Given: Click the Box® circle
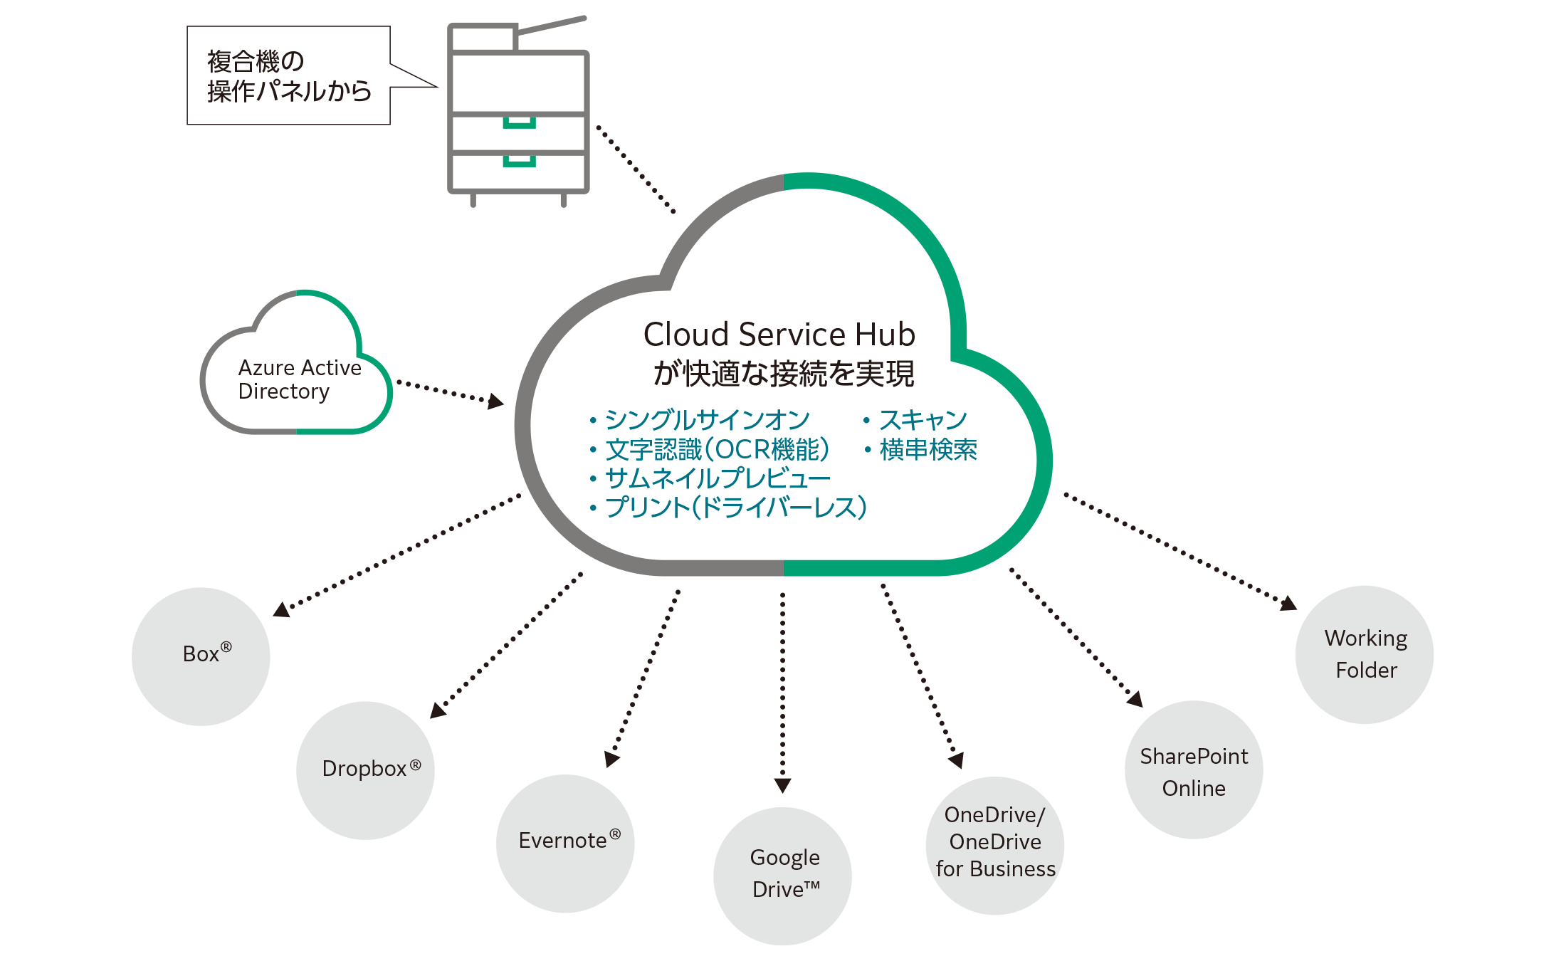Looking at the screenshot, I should coord(201,656).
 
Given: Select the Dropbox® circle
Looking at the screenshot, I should coord(365,770).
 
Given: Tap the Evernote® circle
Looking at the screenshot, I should coord(565,843).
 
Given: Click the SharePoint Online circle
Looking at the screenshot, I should coord(1194,770).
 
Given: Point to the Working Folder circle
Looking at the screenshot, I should coord(1364,654).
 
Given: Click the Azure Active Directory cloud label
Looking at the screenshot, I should coord(295,379).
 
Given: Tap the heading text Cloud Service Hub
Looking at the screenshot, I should coord(779,335).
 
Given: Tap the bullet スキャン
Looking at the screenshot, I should coord(923,420).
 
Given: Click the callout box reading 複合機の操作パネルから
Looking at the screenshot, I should coord(288,76).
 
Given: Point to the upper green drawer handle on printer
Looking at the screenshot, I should coord(519,124).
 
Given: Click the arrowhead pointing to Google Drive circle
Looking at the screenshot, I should coord(783,785).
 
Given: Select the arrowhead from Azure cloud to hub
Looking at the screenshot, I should coord(495,402).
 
